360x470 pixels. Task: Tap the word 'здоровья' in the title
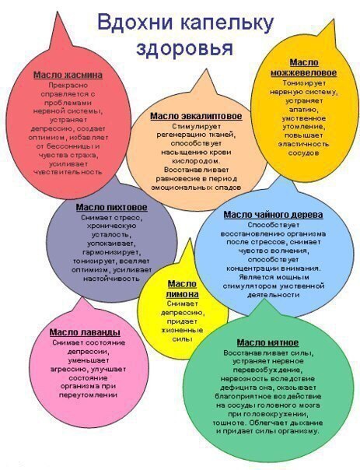click(x=184, y=48)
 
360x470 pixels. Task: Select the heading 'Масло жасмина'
click(x=68, y=75)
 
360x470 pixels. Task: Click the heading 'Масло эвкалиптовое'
click(x=196, y=116)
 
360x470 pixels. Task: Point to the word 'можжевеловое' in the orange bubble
click(x=304, y=73)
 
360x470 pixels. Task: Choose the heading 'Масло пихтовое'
click(x=112, y=208)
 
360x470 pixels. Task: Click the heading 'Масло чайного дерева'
click(x=273, y=215)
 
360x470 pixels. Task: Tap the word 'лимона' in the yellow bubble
click(x=183, y=294)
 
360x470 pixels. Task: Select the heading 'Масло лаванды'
click(x=85, y=332)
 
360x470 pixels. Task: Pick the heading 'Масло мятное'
click(x=267, y=342)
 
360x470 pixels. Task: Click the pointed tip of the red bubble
click(x=57, y=12)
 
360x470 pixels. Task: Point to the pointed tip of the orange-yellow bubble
click(x=333, y=19)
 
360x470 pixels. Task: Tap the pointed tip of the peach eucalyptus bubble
click(x=206, y=69)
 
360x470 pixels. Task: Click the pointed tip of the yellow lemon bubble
click(x=190, y=239)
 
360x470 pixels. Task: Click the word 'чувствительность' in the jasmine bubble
click(x=68, y=172)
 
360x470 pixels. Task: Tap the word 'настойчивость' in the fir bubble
click(x=112, y=279)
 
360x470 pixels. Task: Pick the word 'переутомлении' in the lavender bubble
click(x=88, y=395)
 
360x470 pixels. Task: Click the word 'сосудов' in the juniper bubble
click(x=304, y=153)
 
